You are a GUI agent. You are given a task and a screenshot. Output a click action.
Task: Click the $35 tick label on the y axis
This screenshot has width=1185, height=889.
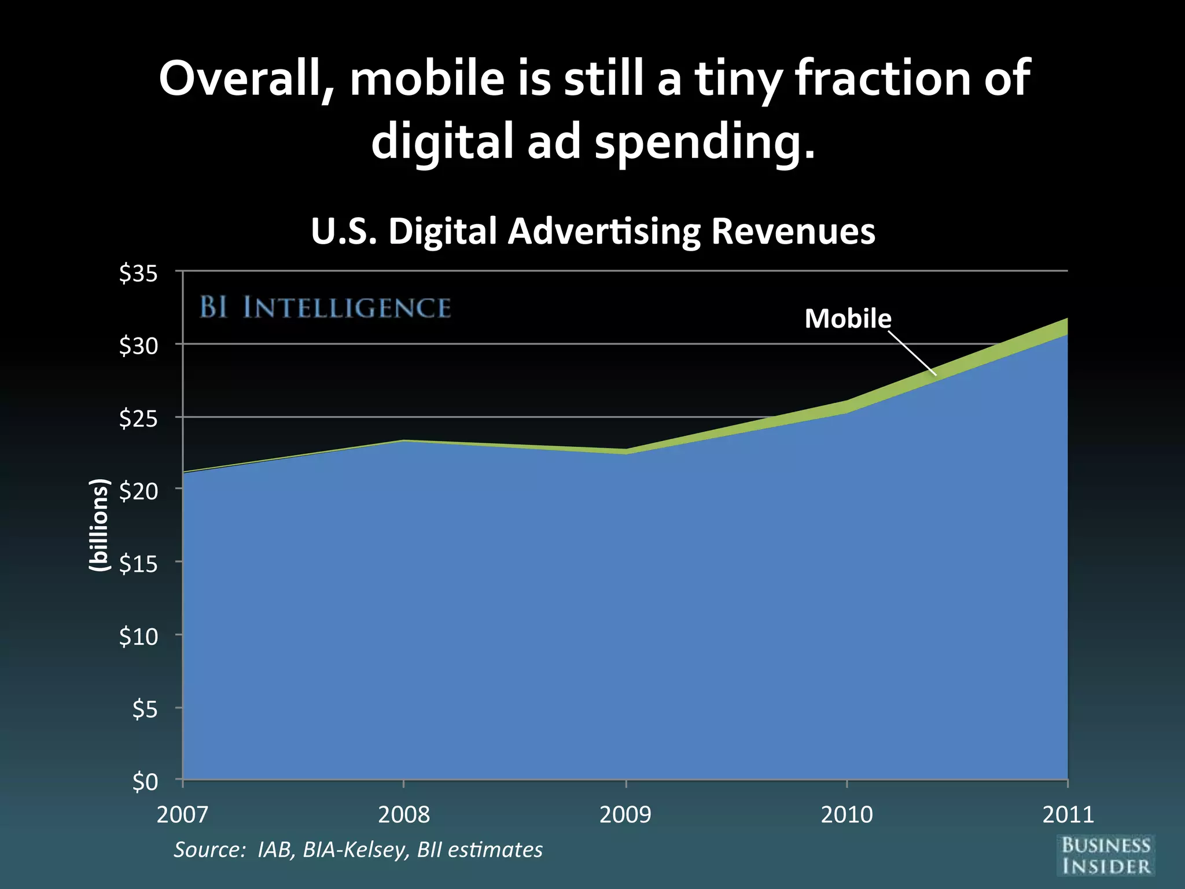point(138,273)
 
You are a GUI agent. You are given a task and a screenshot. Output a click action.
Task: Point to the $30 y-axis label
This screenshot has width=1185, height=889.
point(138,346)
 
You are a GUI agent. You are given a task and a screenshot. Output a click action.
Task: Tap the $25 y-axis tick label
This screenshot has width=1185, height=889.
point(138,418)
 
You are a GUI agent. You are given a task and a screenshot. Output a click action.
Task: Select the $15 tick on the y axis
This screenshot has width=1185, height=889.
point(138,564)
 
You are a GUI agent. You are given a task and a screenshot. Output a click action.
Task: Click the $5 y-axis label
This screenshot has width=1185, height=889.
point(145,709)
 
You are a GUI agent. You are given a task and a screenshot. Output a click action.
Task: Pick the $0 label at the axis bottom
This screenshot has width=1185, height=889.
point(145,782)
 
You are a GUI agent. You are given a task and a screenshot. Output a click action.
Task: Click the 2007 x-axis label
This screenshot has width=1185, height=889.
point(182,814)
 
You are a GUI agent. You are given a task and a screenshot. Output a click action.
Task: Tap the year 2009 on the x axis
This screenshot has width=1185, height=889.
point(625,814)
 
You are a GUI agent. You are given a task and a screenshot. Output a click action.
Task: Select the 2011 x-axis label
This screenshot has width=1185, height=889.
point(1068,814)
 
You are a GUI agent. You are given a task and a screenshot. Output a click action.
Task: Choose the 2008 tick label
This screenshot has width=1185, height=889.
point(404,814)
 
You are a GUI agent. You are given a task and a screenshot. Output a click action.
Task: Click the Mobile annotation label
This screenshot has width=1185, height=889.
point(848,318)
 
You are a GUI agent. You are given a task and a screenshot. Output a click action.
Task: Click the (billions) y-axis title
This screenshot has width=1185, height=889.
point(99,526)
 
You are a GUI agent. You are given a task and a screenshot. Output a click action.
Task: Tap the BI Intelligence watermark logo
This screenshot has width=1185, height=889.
point(325,307)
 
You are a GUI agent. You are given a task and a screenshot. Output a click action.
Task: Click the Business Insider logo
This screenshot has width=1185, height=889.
point(1106,855)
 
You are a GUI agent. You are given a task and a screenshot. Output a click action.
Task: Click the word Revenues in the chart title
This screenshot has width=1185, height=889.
point(793,231)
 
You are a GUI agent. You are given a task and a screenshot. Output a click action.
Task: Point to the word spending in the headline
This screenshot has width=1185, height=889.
point(705,142)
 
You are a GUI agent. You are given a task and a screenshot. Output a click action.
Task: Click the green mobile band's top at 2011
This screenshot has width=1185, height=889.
point(1066,320)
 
